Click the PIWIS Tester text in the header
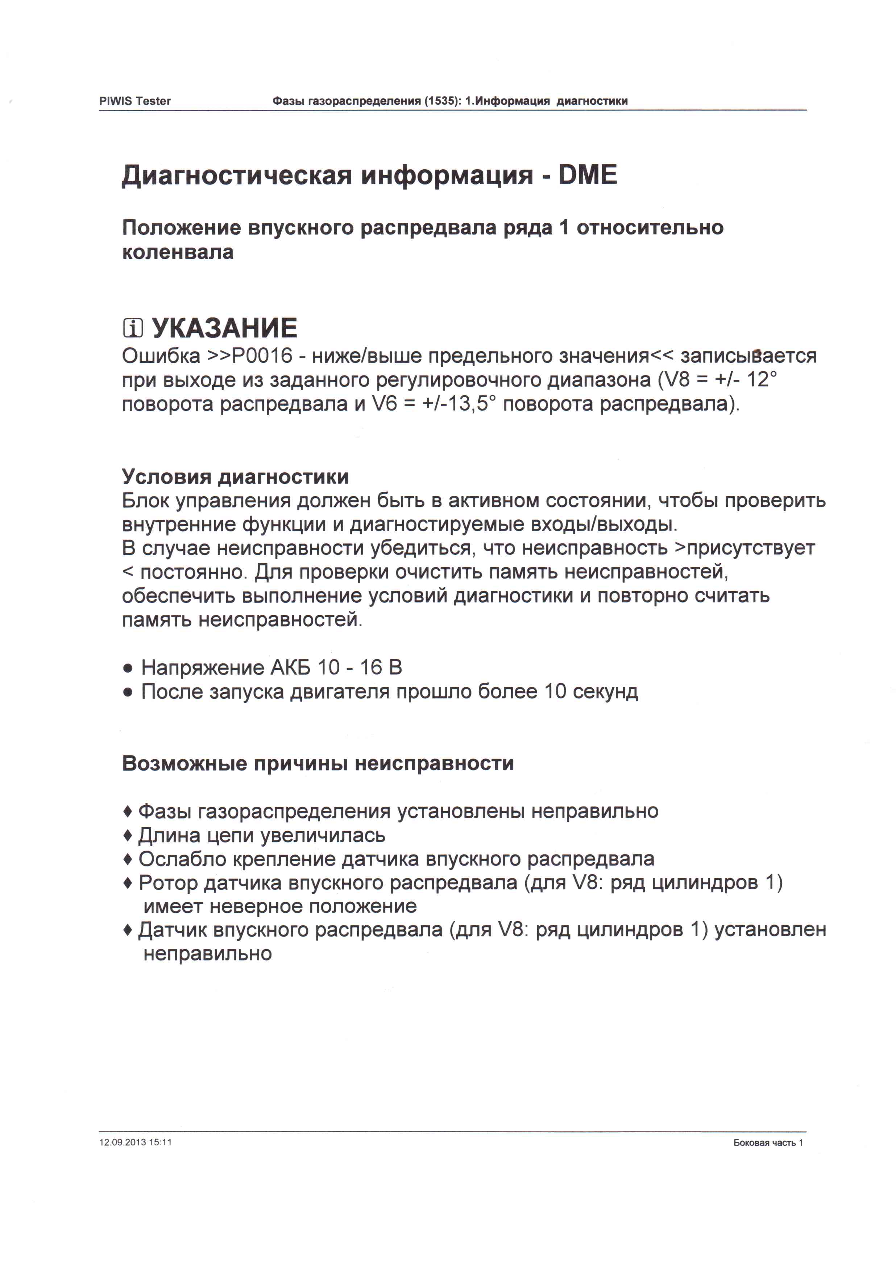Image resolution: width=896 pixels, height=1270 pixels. pyautogui.click(x=135, y=101)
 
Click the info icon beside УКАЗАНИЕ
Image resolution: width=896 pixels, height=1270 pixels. pyautogui.click(x=133, y=329)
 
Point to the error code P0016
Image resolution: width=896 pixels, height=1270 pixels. pyautogui.click(x=262, y=356)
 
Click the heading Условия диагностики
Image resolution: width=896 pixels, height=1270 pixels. pyautogui.click(x=235, y=477)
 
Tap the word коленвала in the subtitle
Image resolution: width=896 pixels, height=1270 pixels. pyautogui.click(x=178, y=252)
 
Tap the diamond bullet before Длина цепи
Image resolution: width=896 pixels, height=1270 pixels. pyautogui.click(x=128, y=835)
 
